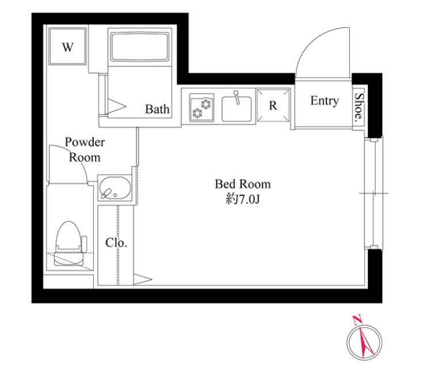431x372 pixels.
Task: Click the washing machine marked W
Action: pos(68,46)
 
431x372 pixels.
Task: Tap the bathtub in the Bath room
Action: pos(140,47)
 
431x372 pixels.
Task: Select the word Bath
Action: pos(157,109)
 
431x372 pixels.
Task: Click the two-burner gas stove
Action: pos(202,108)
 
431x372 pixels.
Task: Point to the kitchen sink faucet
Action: pos(237,97)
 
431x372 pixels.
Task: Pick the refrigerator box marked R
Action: pos(273,105)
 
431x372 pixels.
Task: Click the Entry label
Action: pos(325,101)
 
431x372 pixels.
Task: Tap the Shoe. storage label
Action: pos(359,108)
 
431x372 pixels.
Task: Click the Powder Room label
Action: pos(85,149)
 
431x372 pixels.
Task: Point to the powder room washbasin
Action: pos(115,188)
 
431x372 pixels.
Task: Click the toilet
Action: pos(70,243)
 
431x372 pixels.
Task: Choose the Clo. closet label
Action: pos(116,243)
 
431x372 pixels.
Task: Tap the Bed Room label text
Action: pos(243,184)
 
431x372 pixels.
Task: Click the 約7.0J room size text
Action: pos(243,200)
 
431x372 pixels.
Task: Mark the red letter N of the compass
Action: pos(357,320)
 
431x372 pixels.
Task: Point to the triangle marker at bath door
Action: pos(117,106)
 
